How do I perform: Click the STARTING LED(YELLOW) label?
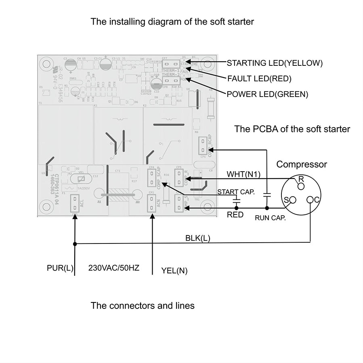pyautogui.click(x=275, y=63)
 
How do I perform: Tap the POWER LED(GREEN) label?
pyautogui.click(x=267, y=94)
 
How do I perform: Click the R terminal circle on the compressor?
pyautogui.click(x=300, y=186)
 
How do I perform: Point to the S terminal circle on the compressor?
pyautogui.click(x=292, y=200)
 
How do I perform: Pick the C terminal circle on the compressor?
pyautogui.click(x=310, y=200)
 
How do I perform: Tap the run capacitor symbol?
pyautogui.click(x=266, y=195)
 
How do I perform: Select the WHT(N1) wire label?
pyautogui.click(x=244, y=174)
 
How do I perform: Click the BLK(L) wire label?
pyautogui.click(x=197, y=238)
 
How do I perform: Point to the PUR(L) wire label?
pyautogui.click(x=59, y=268)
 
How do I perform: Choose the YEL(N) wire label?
pyautogui.click(x=174, y=271)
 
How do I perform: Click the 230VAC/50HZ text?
pyautogui.click(x=114, y=268)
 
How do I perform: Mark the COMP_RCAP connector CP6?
pyautogui.click(x=203, y=146)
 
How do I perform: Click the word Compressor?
pyautogui.click(x=302, y=164)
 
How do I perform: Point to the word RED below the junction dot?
pyautogui.click(x=235, y=215)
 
